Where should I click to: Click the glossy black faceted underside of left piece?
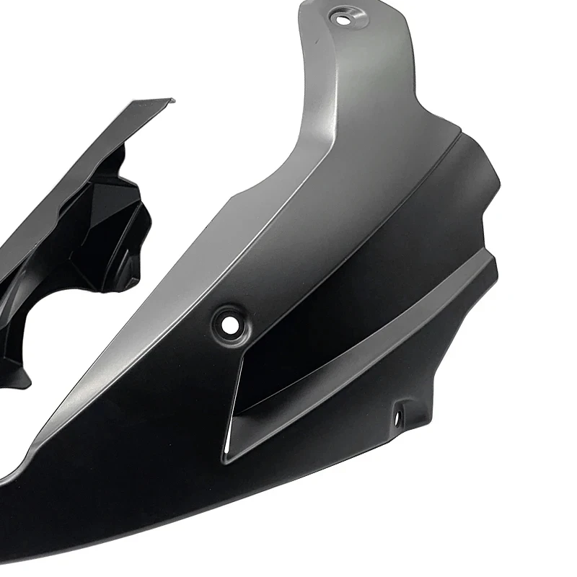[108, 216]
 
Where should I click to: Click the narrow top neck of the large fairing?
[361, 43]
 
